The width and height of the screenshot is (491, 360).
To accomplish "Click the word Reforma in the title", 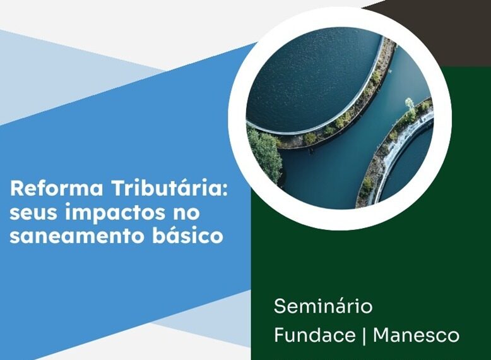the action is [x=57, y=189].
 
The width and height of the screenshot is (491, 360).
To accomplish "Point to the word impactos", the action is [x=114, y=213].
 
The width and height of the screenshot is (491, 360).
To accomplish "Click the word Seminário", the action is [x=324, y=306].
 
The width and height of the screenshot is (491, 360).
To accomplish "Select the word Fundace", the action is [x=315, y=335].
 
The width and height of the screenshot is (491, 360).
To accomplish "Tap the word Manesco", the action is [x=416, y=335].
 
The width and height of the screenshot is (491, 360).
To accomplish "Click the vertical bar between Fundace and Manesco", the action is [x=364, y=335].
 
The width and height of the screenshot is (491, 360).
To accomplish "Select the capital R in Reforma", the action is [x=17, y=189].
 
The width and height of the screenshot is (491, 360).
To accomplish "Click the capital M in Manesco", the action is [x=382, y=335].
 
